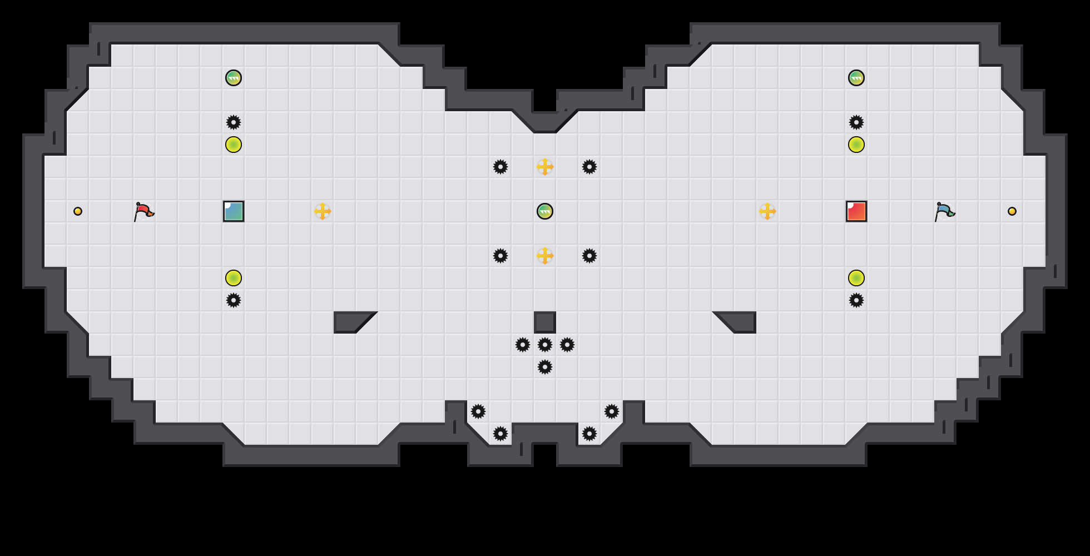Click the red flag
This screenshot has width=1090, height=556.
click(x=143, y=211)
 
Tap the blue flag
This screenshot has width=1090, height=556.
click(x=944, y=211)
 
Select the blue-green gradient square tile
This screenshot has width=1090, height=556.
click(x=234, y=211)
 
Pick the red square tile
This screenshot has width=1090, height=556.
click(x=856, y=211)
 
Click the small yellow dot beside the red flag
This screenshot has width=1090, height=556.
click(x=78, y=211)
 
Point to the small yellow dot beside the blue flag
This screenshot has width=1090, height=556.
click(x=1012, y=211)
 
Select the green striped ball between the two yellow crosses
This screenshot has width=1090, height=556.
click(x=545, y=211)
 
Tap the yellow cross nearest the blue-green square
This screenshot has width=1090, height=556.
click(x=323, y=211)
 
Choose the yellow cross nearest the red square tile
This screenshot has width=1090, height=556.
click(x=767, y=211)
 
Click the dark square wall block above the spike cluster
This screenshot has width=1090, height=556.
click(x=545, y=322)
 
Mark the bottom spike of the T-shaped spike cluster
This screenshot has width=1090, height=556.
click(x=545, y=367)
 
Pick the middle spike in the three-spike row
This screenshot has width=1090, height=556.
click(x=545, y=345)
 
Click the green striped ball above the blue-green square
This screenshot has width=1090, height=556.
click(x=234, y=78)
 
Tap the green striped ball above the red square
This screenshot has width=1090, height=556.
click(x=856, y=78)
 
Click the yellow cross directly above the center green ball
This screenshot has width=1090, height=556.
click(x=545, y=167)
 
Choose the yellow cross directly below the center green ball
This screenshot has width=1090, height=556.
click(x=545, y=256)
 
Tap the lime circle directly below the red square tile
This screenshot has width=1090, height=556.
click(x=856, y=278)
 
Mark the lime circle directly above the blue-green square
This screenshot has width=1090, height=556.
click(x=234, y=145)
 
